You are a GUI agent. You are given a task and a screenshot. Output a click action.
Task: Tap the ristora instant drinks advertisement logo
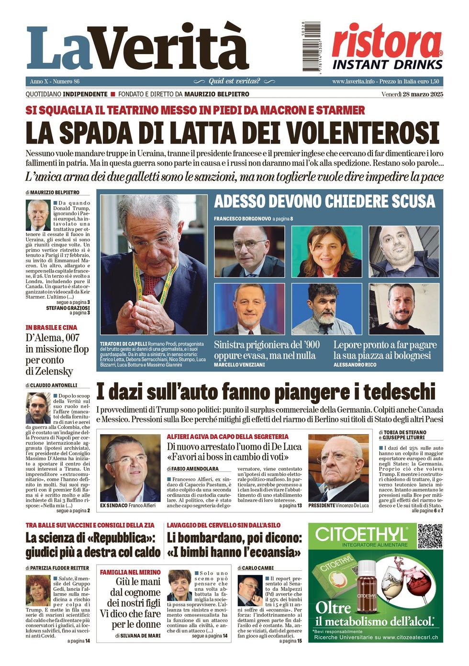pyautogui.click(x=387, y=47)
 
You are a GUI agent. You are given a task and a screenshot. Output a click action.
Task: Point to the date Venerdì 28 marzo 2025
pyautogui.click(x=412, y=94)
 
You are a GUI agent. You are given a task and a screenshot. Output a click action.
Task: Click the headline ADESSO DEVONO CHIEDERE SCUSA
pyautogui.click(x=324, y=202)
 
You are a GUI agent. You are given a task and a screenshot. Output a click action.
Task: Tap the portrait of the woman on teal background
pyautogui.click(x=326, y=251)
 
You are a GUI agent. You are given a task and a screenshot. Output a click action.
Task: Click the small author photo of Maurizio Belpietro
pyautogui.click(x=38, y=215)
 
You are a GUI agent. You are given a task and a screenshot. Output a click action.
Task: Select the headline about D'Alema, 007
pyautogui.click(x=56, y=354)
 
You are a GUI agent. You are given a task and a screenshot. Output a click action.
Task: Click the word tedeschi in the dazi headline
pyautogui.click(x=399, y=393)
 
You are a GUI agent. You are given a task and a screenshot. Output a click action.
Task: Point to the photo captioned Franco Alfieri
pyautogui.click(x=130, y=468)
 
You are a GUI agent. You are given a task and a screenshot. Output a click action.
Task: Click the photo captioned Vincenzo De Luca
pyautogui.click(x=339, y=468)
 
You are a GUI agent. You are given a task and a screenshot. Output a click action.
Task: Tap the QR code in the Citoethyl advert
pyautogui.click(x=430, y=536)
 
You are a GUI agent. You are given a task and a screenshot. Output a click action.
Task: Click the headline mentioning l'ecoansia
pyautogui.click(x=234, y=545)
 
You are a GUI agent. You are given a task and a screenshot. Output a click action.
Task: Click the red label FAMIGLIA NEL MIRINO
pyautogui.click(x=130, y=572)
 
